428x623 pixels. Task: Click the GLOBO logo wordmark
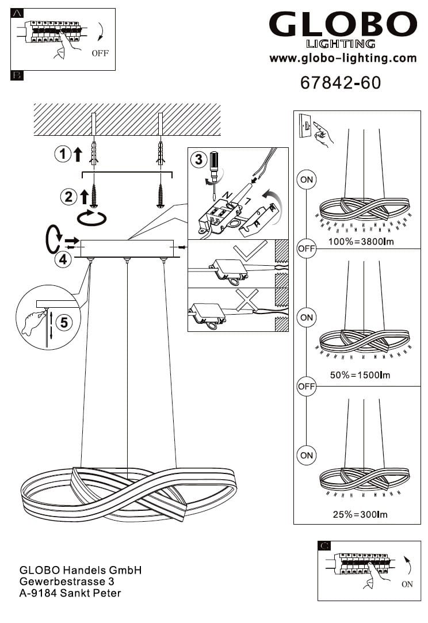coord(343,25)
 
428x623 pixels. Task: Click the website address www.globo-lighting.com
coord(343,58)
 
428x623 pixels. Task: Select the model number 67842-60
coord(341,83)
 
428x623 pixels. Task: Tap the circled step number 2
coord(68,197)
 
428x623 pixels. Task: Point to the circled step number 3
coord(199,159)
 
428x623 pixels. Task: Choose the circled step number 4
coord(62,259)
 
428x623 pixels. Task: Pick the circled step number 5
coord(63,322)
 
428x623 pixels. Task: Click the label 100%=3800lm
coord(361,242)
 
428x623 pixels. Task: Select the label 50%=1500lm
coord(360,375)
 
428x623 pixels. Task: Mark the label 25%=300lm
coord(360,514)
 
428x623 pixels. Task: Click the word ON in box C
coord(407,584)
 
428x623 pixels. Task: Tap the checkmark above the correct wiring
coord(250,251)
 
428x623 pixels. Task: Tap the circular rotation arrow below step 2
coord(93,218)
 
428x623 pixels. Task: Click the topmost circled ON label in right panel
coord(307,179)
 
